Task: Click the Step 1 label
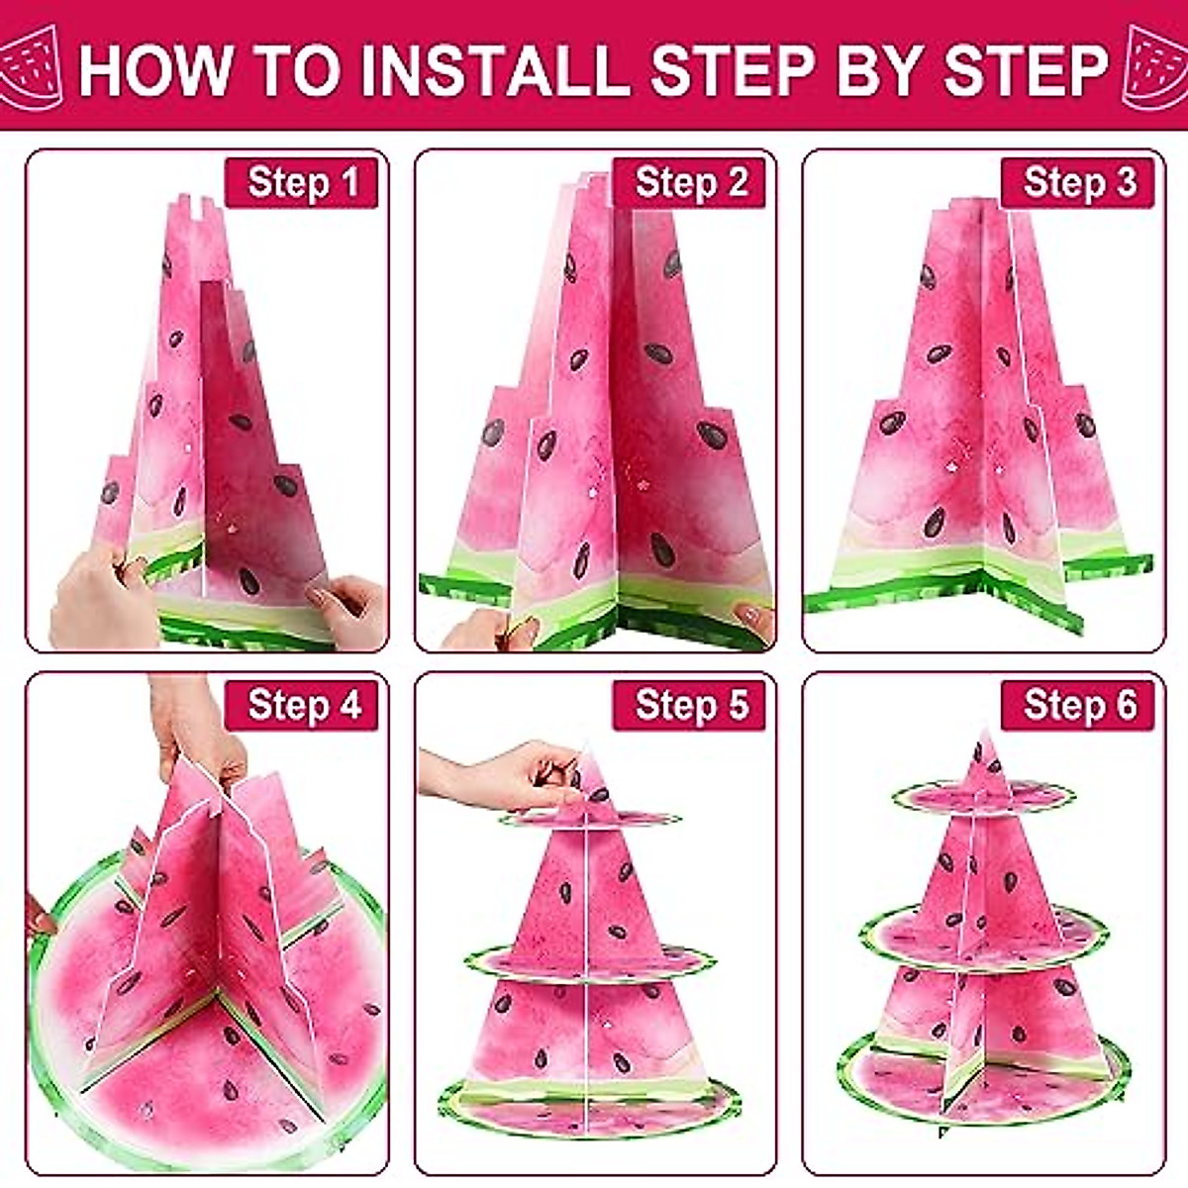point(302,183)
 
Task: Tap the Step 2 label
point(690,183)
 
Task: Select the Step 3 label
point(1078,183)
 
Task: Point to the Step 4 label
point(302,705)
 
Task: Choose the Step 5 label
point(690,705)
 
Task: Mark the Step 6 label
point(1078,705)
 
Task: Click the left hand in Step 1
point(94,599)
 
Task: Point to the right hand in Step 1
point(346,609)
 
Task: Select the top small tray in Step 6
point(983,795)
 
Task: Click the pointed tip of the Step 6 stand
point(983,738)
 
